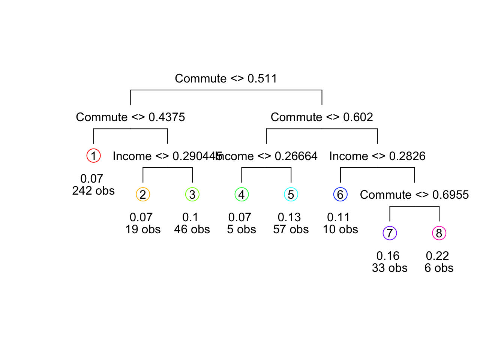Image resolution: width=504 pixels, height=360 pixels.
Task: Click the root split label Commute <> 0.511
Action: click(226, 79)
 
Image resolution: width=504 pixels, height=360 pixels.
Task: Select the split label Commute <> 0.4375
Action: click(130, 117)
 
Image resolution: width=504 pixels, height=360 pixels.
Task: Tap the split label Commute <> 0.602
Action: click(322, 117)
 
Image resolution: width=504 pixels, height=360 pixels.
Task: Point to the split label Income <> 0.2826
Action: click(377, 156)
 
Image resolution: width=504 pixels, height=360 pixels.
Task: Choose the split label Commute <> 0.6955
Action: click(414, 195)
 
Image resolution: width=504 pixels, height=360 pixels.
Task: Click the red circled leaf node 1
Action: click(93, 156)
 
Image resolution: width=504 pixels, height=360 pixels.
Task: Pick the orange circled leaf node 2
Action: click(143, 195)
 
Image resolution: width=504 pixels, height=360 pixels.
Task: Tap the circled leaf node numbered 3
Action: click(192, 195)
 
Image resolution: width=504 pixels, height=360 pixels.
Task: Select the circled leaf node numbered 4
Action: click(241, 195)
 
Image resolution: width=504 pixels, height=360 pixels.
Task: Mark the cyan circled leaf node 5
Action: click(291, 195)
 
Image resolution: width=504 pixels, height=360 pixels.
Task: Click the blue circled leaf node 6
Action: click(340, 195)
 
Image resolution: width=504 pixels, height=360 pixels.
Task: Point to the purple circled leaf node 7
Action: click(390, 233)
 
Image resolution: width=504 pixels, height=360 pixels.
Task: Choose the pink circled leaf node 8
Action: click(439, 233)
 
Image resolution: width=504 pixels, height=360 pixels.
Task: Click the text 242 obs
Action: click(93, 191)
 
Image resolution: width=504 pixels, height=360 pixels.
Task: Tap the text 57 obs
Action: click(291, 229)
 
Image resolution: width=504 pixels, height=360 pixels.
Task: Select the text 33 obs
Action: click(390, 268)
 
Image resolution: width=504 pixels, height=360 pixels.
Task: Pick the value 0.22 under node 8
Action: click(437, 256)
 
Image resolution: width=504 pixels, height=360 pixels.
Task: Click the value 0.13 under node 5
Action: click(289, 217)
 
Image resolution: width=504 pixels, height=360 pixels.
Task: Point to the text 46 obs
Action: click(192, 229)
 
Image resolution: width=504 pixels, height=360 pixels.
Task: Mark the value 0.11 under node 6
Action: click(338, 217)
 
